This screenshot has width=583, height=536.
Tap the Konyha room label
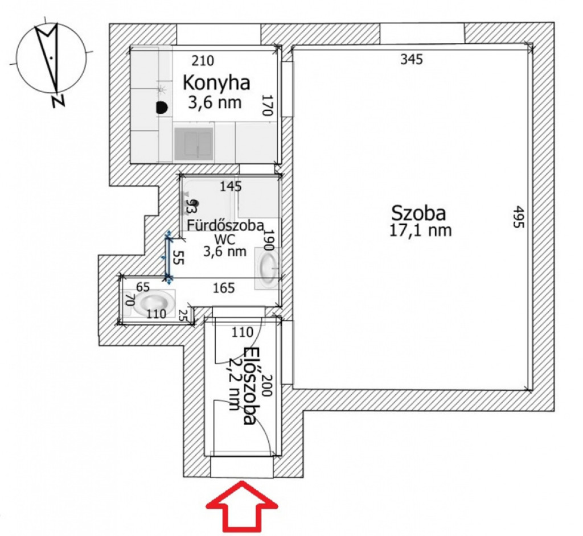click(216, 83)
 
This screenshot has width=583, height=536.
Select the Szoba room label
click(418, 214)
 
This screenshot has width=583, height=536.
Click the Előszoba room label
click(249, 386)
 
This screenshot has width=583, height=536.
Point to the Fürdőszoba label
click(225, 226)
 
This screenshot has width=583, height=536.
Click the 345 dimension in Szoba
click(412, 60)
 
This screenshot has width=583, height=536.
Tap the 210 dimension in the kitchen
click(203, 60)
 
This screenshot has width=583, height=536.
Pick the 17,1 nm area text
click(420, 230)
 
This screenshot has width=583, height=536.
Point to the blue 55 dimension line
click(169, 257)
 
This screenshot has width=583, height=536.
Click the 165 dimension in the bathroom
click(224, 288)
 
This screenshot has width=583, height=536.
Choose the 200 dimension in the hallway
click(268, 385)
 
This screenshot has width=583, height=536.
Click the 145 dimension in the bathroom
click(231, 186)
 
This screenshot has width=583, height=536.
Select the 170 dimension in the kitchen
click(268, 105)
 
